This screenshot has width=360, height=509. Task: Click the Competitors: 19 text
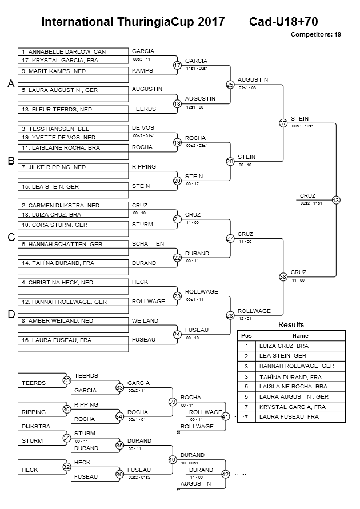(x=316, y=34)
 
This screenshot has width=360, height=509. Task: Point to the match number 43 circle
(x=336, y=200)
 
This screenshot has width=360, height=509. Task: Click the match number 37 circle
(x=283, y=123)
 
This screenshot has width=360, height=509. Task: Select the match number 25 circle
(x=230, y=85)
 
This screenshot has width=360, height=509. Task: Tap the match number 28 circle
(x=230, y=315)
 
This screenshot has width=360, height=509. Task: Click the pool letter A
(x=10, y=84)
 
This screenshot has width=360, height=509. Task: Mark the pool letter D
(x=10, y=315)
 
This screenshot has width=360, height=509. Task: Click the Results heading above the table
(x=291, y=325)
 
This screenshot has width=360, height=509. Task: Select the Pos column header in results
(x=246, y=336)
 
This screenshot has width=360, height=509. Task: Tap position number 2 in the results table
(x=246, y=356)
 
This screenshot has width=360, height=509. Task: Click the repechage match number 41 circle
(x=225, y=416)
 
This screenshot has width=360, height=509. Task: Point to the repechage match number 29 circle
(x=66, y=380)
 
